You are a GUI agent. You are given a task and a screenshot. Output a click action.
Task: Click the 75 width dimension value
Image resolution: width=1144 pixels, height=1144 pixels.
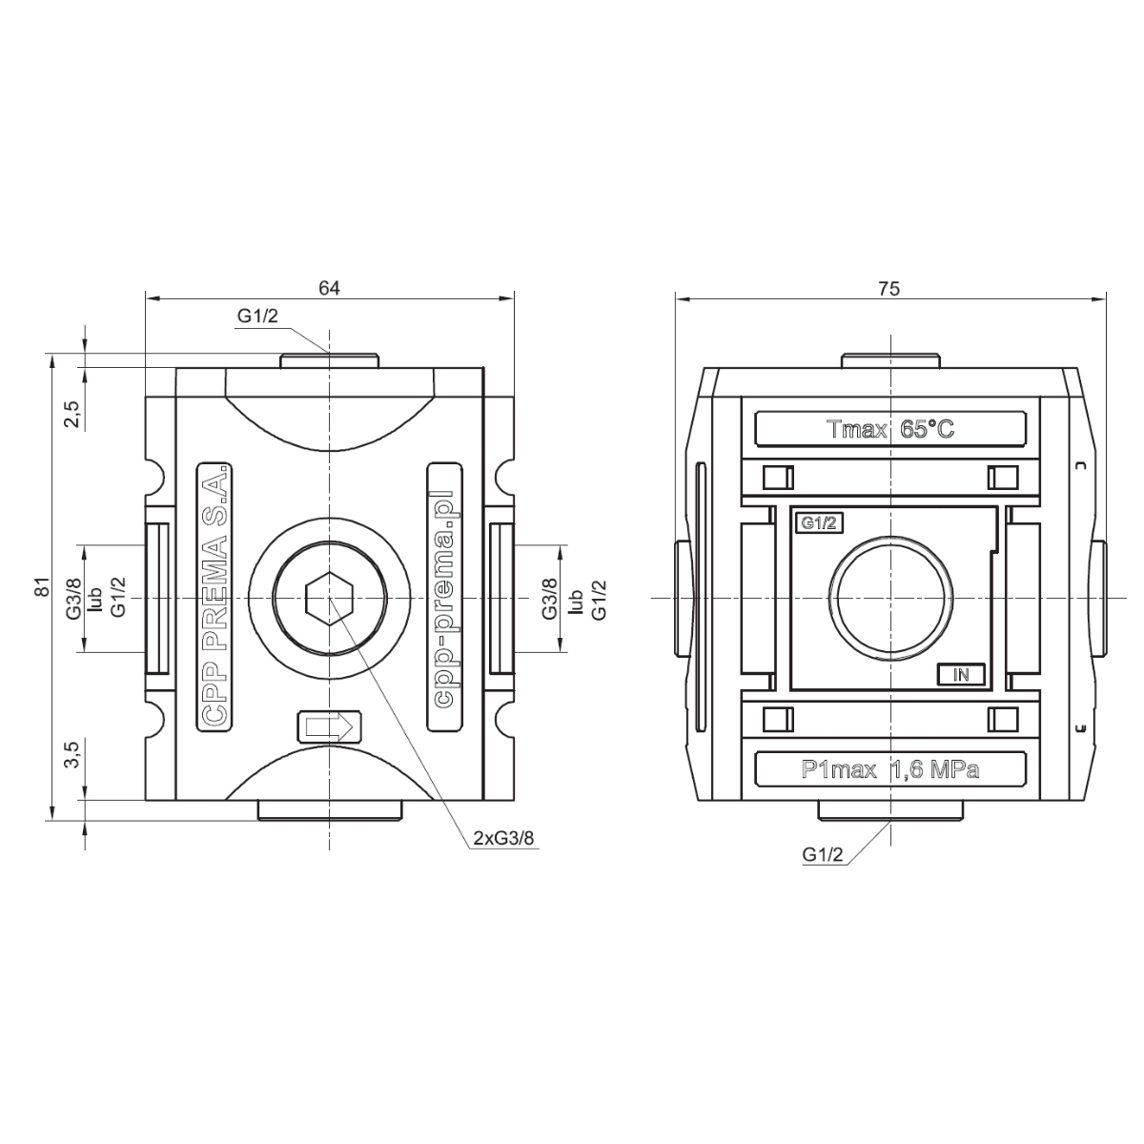click(889, 289)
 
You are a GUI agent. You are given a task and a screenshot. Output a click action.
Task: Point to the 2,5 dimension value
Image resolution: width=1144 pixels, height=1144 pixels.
click(71, 414)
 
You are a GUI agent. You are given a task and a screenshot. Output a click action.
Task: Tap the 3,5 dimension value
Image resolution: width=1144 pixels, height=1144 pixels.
click(71, 754)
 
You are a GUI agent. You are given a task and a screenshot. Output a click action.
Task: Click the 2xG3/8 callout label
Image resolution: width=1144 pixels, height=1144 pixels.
click(503, 838)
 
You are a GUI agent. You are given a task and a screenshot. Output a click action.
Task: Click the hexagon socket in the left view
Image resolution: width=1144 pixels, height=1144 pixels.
click(329, 599)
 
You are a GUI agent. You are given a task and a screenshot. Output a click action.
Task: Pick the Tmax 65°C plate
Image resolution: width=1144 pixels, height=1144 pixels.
click(890, 429)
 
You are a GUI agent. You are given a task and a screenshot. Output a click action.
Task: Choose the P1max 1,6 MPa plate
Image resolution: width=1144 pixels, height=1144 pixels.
click(890, 769)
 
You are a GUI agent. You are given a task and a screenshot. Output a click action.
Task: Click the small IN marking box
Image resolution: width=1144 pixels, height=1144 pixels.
click(961, 674)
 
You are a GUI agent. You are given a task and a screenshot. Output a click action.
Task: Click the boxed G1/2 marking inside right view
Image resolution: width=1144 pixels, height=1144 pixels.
click(819, 523)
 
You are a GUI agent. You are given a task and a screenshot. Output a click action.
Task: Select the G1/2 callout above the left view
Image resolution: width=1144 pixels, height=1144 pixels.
click(257, 317)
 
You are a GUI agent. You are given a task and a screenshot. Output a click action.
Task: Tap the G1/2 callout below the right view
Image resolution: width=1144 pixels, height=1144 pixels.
click(822, 855)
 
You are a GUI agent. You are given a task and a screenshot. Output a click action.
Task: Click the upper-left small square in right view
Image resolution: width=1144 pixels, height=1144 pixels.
click(778, 478)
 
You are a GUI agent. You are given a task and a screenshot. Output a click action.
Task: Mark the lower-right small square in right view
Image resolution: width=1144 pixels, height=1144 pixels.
click(1003, 720)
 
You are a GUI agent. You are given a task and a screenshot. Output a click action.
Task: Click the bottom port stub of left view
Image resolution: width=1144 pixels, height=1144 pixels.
click(330, 810)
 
